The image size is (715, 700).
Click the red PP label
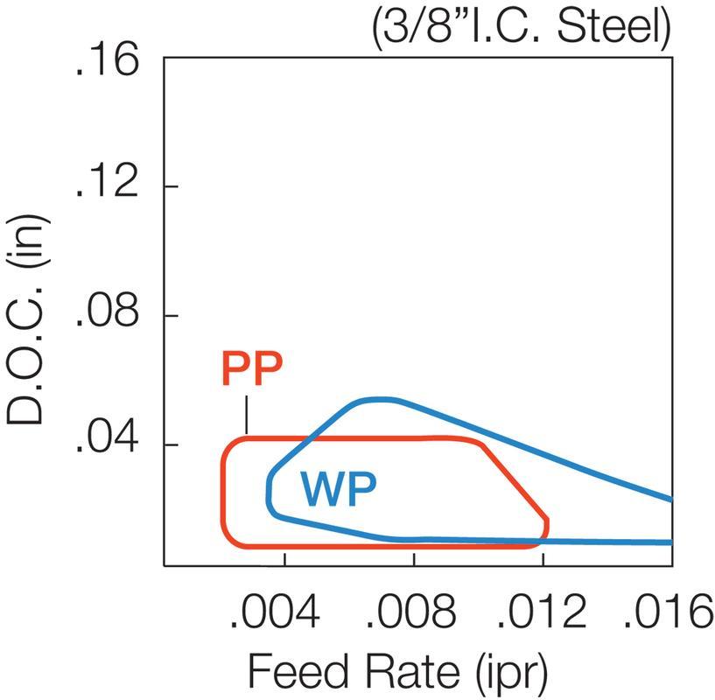tap(252, 370)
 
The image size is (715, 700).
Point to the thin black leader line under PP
tap(248, 415)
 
